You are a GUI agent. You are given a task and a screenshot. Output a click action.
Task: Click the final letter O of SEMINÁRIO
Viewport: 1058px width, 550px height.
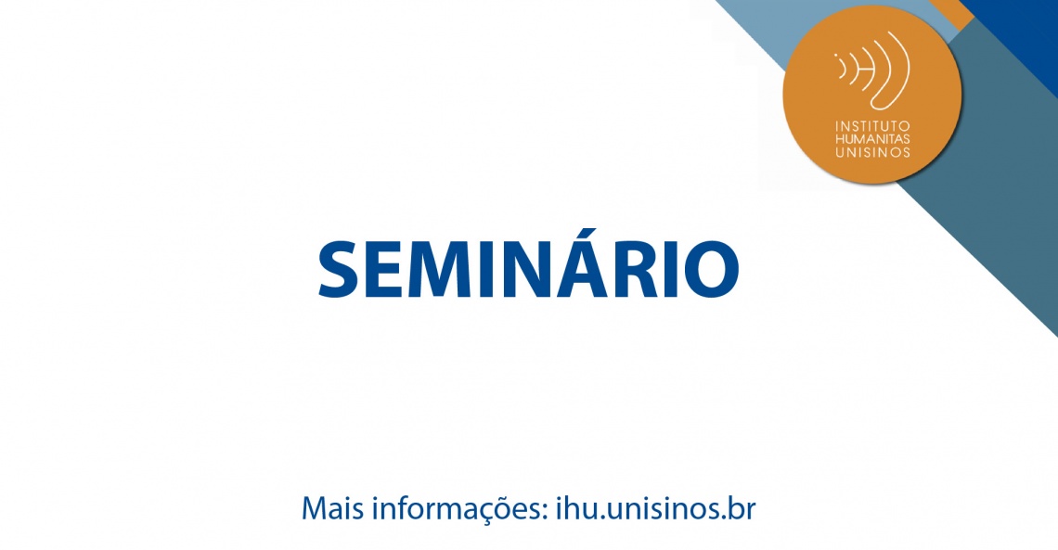pos(712,269)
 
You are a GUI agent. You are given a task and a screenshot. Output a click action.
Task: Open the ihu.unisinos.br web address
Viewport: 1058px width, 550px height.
pos(655,508)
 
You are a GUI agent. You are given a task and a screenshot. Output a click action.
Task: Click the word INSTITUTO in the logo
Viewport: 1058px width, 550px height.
pos(872,126)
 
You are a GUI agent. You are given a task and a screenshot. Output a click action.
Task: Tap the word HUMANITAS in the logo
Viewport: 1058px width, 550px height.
pos(872,139)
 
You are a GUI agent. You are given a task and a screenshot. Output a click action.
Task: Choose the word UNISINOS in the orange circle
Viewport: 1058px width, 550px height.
pos(872,152)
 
